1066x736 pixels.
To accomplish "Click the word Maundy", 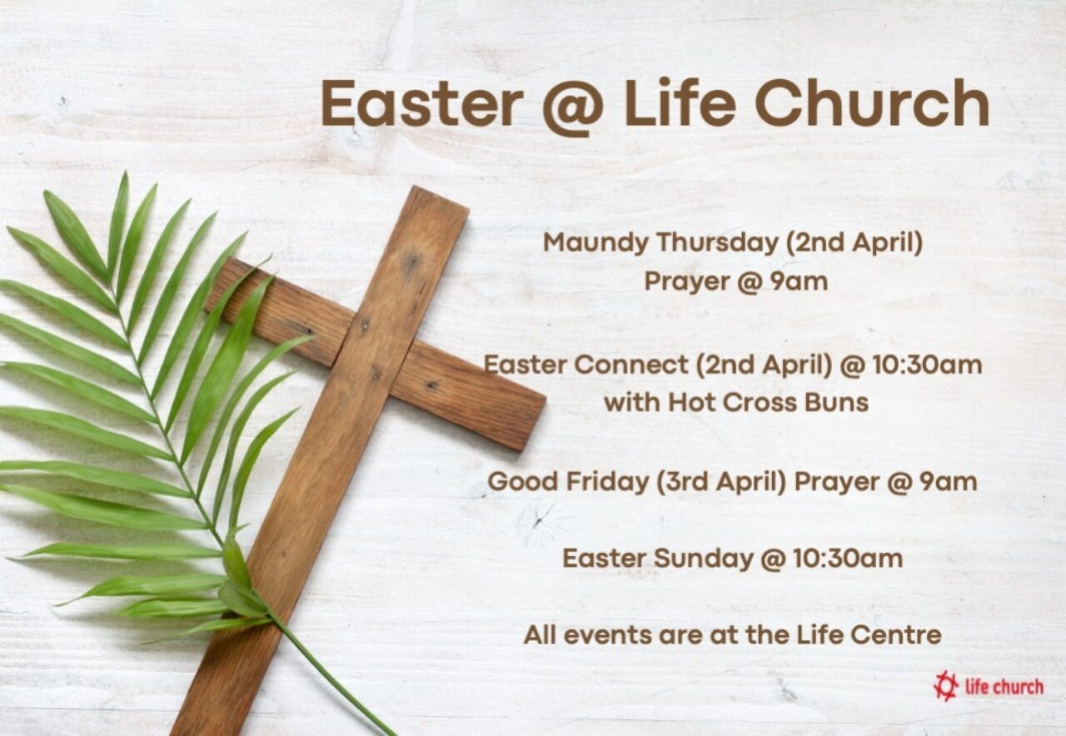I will (595, 244).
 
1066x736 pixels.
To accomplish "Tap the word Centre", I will (896, 635).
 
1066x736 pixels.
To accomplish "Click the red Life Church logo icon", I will (945, 686).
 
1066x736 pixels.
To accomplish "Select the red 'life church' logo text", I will (1003, 687).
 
